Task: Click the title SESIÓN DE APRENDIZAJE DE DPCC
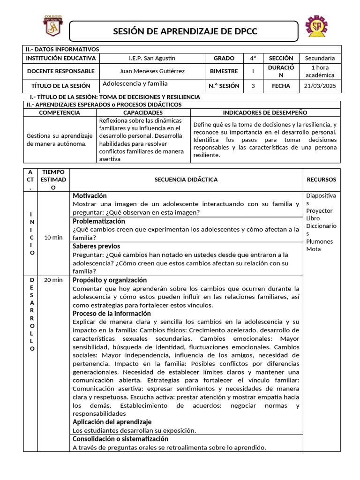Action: click(x=185, y=31)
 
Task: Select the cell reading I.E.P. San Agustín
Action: click(x=152, y=58)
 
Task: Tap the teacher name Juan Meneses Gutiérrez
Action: click(x=152, y=71)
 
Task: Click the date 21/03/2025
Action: click(x=320, y=86)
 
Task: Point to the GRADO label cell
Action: click(x=224, y=58)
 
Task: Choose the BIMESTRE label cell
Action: click(x=224, y=71)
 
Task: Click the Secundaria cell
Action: click(x=320, y=58)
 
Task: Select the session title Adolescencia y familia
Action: click(x=135, y=83)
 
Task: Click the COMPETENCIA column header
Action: click(x=60, y=112)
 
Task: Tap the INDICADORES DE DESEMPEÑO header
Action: click(x=265, y=112)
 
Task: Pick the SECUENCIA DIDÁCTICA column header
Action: click(x=186, y=180)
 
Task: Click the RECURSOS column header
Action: click(x=321, y=180)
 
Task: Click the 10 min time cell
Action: click(x=53, y=238)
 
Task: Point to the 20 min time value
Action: click(x=53, y=280)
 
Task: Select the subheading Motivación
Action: click(x=90, y=195)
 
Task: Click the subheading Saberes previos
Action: click(x=96, y=246)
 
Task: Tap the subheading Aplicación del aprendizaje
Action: click(x=112, y=422)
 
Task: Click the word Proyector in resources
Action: click(x=319, y=211)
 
